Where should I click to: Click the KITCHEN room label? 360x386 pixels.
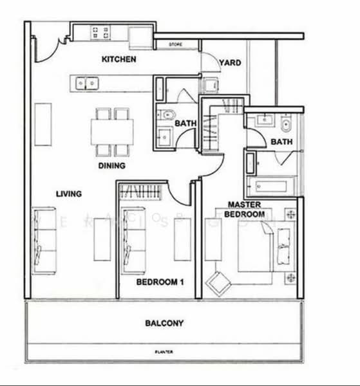(118, 60)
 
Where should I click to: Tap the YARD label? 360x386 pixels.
(230, 63)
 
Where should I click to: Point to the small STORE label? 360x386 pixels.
(176, 44)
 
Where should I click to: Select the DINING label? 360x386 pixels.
(111, 165)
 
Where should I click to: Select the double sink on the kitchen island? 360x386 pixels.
(86, 82)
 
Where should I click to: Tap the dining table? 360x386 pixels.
(112, 132)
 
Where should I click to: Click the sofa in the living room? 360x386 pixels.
(43, 240)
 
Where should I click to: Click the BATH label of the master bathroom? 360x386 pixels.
(281, 142)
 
